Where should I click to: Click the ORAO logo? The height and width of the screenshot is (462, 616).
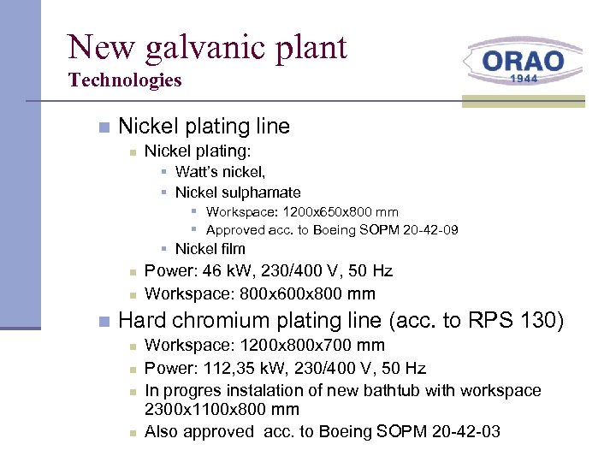[x=523, y=61]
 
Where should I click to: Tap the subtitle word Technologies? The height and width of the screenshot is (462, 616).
[x=125, y=80]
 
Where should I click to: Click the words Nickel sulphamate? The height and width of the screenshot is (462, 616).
[x=238, y=192]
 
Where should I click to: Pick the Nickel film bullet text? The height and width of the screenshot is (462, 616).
[x=210, y=249]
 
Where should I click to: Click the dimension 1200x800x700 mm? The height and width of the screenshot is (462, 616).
[x=311, y=345]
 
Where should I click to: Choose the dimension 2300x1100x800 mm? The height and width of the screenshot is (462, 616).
[x=222, y=410]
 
